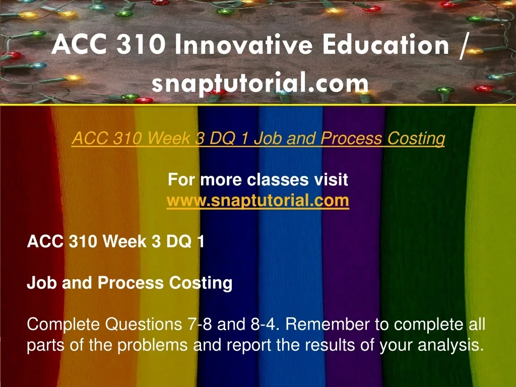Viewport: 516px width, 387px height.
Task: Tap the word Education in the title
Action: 386,45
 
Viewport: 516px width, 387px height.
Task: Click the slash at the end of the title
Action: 463,46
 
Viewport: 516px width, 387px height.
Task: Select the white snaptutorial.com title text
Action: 260,84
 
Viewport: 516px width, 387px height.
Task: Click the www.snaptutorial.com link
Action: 257,201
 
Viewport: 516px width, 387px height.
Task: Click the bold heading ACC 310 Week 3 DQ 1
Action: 115,241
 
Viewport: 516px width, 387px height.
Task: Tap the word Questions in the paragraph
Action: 144,325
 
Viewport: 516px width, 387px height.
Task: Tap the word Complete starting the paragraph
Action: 63,325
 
